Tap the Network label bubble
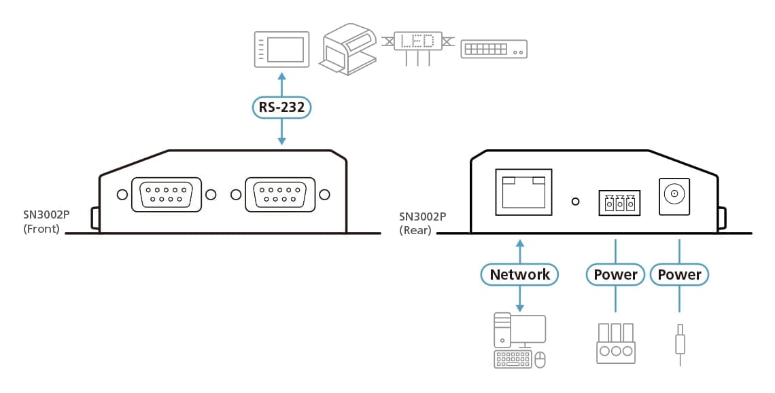[519, 274]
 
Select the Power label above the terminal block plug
[615, 274]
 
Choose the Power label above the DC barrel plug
[679, 274]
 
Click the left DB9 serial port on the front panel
[166, 195]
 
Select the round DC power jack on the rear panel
[674, 195]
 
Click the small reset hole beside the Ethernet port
[576, 202]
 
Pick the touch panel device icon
[281, 50]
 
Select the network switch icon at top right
[494, 49]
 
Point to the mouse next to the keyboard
[540, 360]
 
